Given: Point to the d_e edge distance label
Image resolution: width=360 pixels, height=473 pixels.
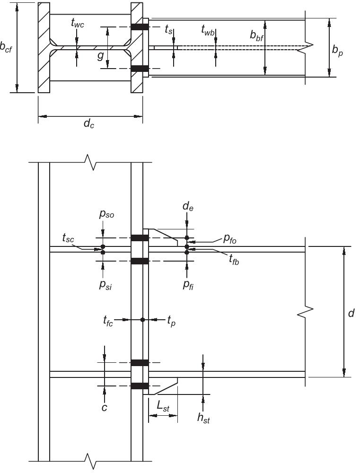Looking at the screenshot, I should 187,219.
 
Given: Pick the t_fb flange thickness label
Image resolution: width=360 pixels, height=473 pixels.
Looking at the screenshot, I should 233,259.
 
